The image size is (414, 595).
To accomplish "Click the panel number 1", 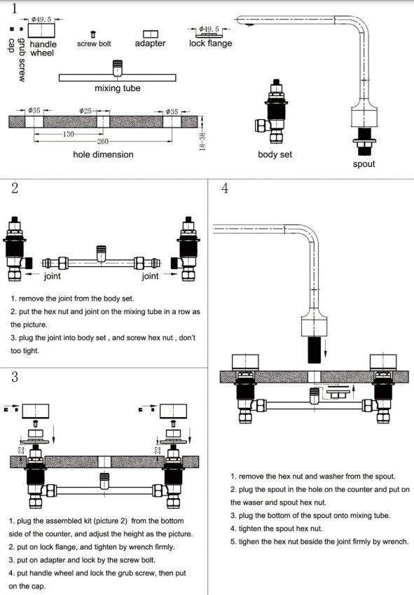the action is click(15, 8).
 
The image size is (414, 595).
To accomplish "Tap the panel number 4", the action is click(225, 189).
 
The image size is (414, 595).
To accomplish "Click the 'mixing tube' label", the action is click(118, 88).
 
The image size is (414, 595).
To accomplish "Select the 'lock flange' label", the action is click(210, 43).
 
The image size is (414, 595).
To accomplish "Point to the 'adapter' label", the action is click(150, 43).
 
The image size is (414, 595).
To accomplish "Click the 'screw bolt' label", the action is click(94, 44).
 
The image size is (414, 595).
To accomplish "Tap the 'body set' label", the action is click(275, 154).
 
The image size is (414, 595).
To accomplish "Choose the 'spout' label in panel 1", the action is click(364, 164).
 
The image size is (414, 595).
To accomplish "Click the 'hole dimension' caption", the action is click(103, 155).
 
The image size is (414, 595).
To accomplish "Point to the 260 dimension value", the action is click(103, 142).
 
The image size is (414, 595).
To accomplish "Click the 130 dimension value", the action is click(68, 134).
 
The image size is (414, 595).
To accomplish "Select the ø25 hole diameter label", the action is click(85, 111).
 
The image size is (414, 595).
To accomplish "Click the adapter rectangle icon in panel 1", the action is click(151, 34).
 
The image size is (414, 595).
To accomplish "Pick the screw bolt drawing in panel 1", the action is click(93, 34).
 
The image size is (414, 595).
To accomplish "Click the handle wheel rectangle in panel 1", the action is click(42, 31).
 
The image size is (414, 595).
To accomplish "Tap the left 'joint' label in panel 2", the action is click(53, 276).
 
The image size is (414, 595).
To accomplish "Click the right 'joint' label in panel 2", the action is click(150, 276).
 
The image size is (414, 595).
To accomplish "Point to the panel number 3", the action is click(15, 377).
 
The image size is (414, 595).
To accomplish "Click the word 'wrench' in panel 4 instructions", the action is click(394, 542).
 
